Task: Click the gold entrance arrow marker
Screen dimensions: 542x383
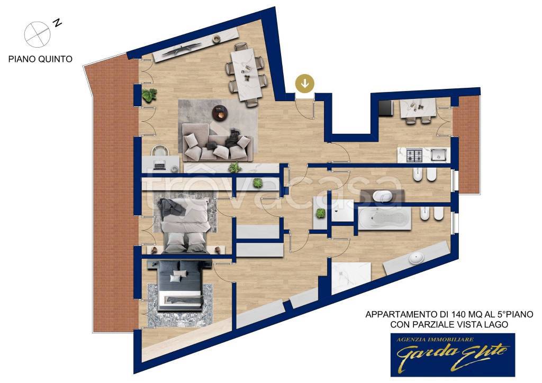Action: tap(304, 83)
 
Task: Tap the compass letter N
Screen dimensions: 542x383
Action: tap(57, 23)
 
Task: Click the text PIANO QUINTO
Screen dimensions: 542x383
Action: tap(40, 59)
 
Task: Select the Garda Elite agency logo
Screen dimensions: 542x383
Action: tap(453, 354)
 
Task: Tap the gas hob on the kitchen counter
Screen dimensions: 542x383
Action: tap(413, 155)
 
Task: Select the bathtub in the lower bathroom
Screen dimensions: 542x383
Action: tap(385, 218)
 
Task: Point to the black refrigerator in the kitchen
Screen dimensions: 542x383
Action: tap(385, 108)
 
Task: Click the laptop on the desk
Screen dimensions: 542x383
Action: tap(159, 166)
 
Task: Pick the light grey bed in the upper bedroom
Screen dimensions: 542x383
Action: tap(185, 225)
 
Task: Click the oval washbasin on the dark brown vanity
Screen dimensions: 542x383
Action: tap(382, 196)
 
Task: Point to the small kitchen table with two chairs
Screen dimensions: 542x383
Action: tap(417, 110)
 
